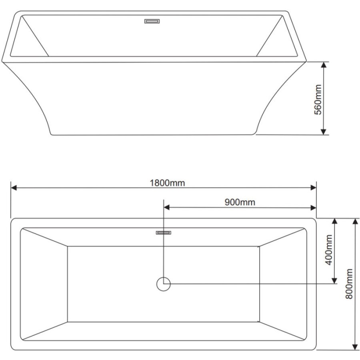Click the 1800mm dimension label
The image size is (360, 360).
[167, 183]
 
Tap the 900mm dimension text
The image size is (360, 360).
[240, 202]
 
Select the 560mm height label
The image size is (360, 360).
[318, 100]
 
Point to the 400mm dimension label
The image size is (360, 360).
[329, 250]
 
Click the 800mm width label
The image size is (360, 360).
[349, 284]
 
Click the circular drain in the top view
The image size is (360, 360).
[164, 284]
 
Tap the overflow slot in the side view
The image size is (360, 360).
[152, 21]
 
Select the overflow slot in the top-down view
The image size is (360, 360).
[164, 232]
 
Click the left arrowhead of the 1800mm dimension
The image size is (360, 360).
[14, 188]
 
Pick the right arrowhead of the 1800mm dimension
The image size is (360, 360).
[313, 188]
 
